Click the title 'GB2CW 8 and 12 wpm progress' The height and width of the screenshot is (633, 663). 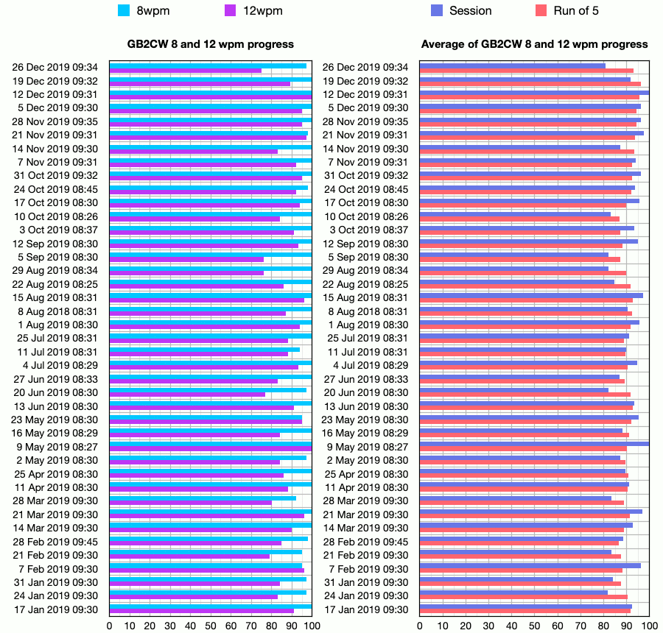coord(211,44)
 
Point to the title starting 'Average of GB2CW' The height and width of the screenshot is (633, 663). coord(535,44)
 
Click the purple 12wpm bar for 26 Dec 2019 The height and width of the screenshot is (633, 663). coord(186,71)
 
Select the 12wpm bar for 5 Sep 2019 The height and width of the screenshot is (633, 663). coord(186,260)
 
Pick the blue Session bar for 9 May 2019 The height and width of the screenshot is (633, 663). coord(534,444)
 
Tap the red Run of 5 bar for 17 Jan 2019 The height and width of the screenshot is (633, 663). coord(525,612)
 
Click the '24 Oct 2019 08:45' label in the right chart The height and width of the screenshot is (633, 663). coord(365,189)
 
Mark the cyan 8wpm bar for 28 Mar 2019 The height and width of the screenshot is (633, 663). coord(203,498)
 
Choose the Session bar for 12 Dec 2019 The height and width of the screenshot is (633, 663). coord(534,93)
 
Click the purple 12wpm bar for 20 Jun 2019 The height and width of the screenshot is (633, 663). coord(187,395)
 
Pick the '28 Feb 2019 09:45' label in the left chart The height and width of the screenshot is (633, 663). coord(55,542)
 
